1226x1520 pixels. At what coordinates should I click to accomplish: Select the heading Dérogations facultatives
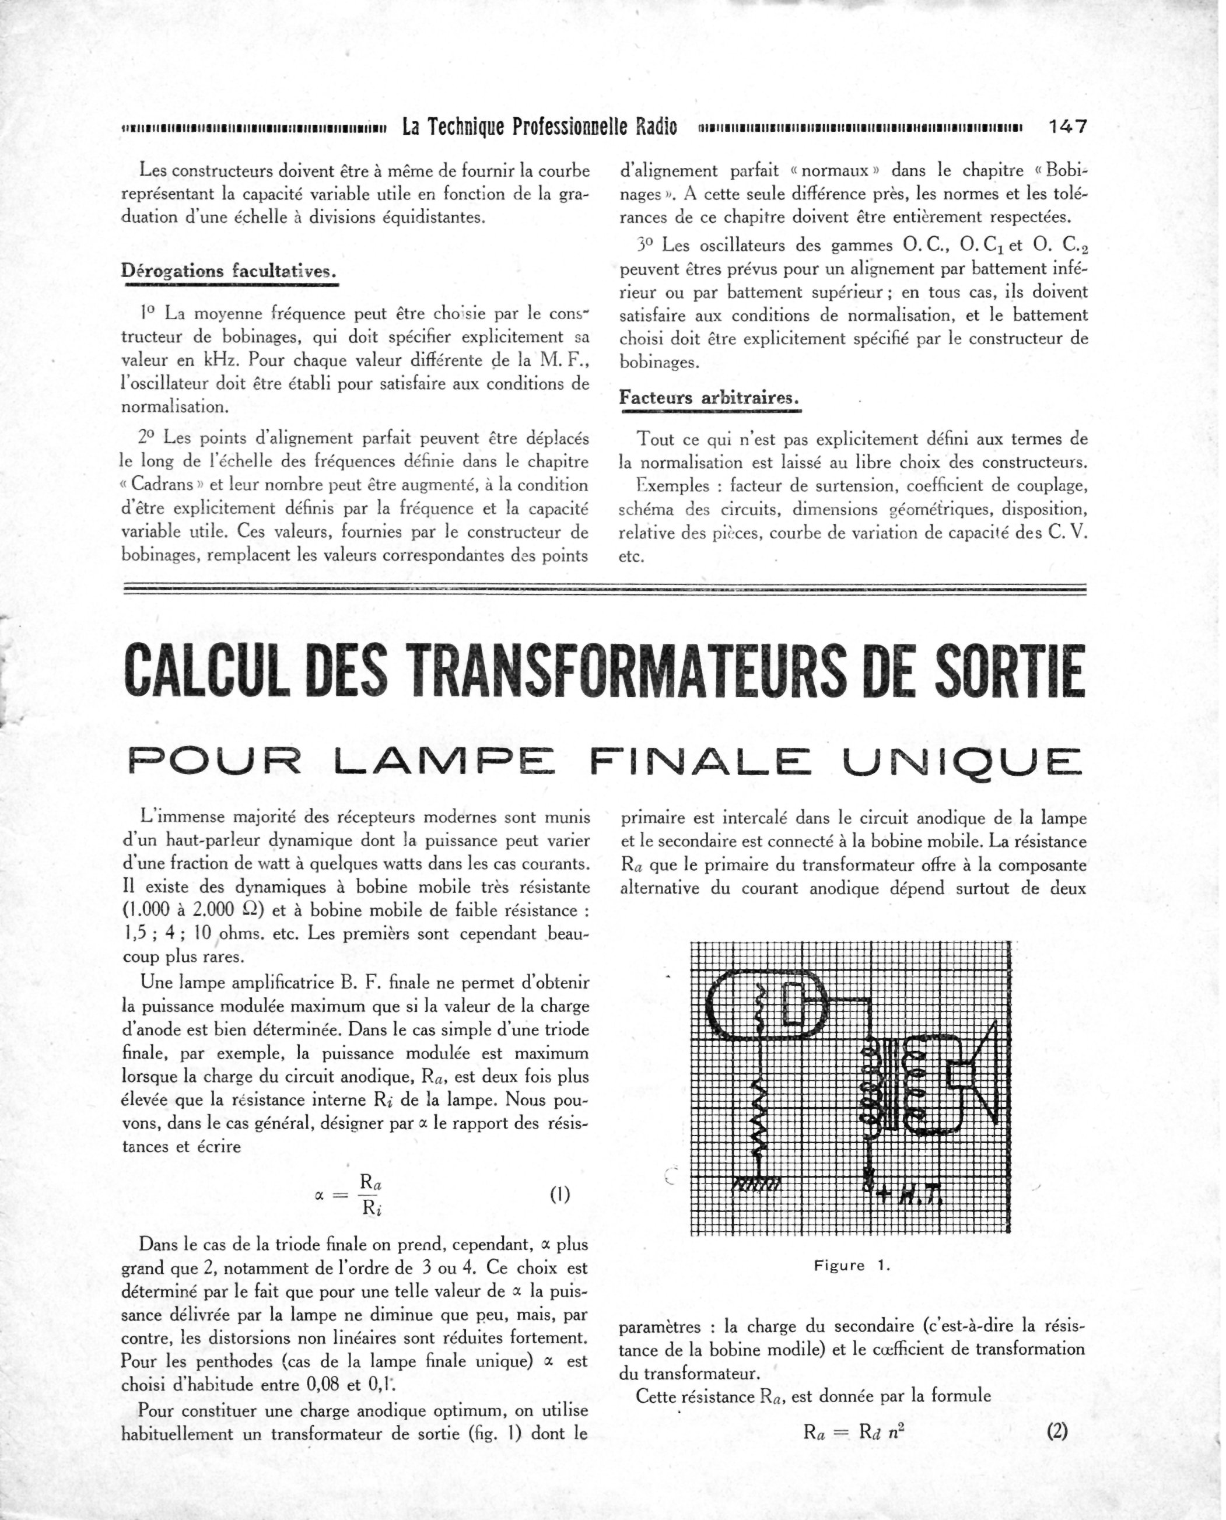click(x=230, y=271)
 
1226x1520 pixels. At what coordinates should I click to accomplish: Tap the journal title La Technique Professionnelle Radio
click(x=539, y=127)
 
